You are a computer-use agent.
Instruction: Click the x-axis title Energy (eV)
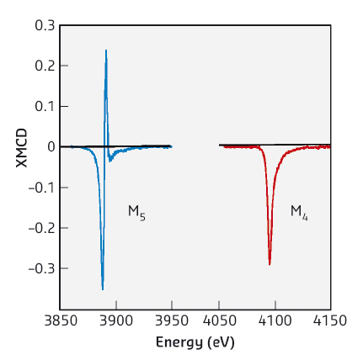click(x=195, y=343)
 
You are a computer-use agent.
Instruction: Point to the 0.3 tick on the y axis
click(x=45, y=25)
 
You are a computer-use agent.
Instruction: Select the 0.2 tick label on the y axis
click(x=45, y=66)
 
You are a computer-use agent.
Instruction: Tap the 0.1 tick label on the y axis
click(x=45, y=106)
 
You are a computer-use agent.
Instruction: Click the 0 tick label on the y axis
click(x=51, y=147)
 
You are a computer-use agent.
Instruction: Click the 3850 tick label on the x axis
click(x=61, y=321)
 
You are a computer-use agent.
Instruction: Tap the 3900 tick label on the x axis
click(x=115, y=321)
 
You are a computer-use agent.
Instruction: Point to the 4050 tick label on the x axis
click(x=219, y=321)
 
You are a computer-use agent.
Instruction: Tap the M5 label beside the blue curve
click(x=136, y=212)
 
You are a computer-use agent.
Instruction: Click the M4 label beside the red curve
click(x=299, y=212)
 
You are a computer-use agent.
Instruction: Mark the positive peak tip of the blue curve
click(x=106, y=50)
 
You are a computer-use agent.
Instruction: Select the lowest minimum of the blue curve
click(x=103, y=289)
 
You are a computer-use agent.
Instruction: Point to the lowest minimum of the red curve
click(x=270, y=264)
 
